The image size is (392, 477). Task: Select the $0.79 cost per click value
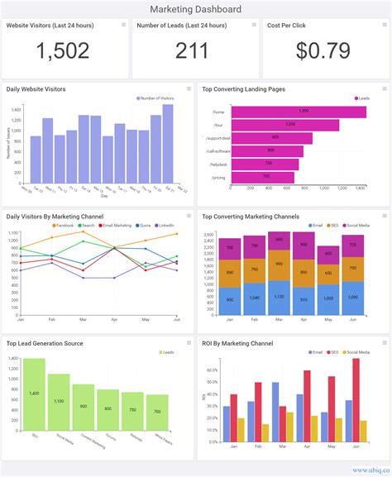(x=325, y=52)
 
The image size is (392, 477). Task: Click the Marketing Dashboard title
(x=196, y=9)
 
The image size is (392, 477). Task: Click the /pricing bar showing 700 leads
(x=262, y=178)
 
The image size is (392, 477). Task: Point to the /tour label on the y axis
(x=218, y=125)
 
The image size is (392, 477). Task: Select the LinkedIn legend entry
(x=165, y=226)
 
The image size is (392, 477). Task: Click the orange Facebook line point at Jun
(x=178, y=234)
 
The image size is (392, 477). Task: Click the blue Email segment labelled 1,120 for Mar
(x=281, y=297)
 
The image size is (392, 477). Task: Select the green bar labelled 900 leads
(x=84, y=407)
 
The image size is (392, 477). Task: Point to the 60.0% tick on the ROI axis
(x=211, y=370)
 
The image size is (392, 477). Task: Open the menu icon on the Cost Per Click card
(x=382, y=25)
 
